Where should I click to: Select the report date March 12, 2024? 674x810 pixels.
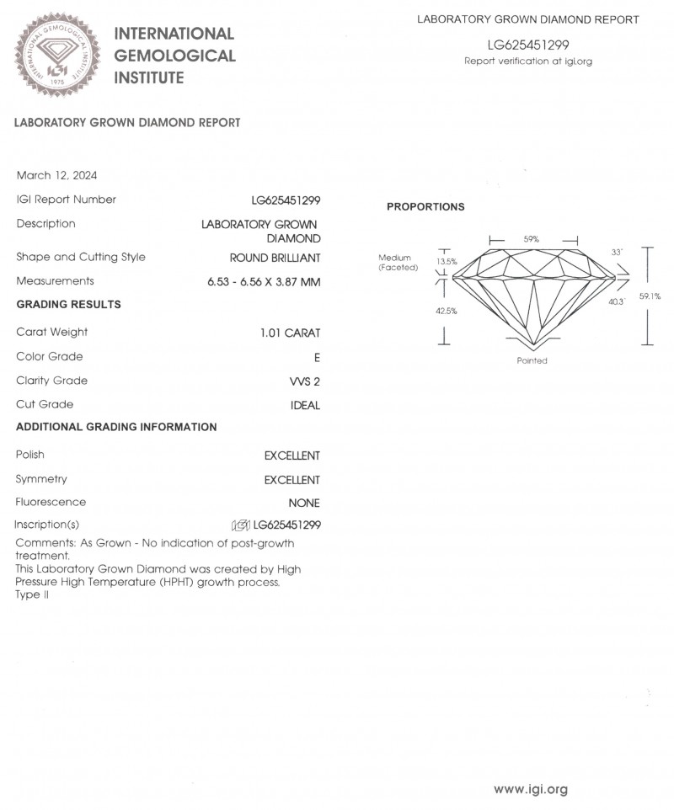pos(56,175)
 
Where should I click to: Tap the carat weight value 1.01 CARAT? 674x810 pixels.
pos(291,333)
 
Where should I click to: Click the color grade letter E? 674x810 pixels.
pos(317,357)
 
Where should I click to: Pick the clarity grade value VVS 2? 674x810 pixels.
pos(304,381)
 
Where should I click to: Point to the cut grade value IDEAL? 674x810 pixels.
pos(305,405)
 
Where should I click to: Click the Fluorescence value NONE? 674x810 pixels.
pos(304,503)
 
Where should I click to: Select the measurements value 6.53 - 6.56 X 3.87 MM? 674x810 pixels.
pos(264,281)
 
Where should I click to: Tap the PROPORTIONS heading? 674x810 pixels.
pos(425,207)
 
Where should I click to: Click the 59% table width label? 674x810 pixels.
pos(532,239)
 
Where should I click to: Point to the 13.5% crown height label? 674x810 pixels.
pos(447,262)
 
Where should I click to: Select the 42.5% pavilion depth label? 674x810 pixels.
pos(447,311)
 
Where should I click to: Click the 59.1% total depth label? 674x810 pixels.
pos(650,296)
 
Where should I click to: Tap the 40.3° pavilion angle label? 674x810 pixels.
pos(617,301)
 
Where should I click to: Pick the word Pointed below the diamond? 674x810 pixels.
pos(532,360)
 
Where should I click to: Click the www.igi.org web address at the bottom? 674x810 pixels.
pos(530,789)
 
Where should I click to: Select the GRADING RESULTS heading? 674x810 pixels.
pos(68,305)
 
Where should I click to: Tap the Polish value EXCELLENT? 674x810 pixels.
pos(292,456)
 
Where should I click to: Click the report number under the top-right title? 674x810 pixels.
pos(528,45)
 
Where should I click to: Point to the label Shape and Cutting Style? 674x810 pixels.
pos(81,257)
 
